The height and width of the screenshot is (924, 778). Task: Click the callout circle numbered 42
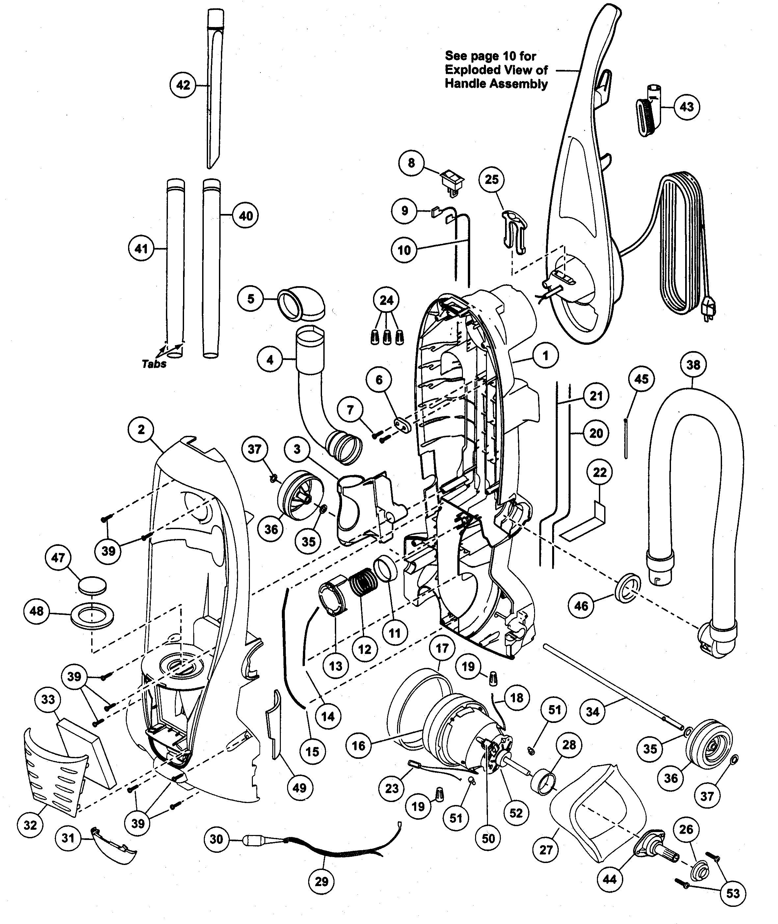pos(183,85)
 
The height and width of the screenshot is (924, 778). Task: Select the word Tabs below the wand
pos(154,364)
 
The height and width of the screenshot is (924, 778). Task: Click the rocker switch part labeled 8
pos(453,181)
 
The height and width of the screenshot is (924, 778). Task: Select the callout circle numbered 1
pos(545,355)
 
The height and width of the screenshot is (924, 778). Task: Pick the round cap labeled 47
pos(93,586)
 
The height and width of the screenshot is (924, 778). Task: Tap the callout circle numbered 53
pos(733,893)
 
